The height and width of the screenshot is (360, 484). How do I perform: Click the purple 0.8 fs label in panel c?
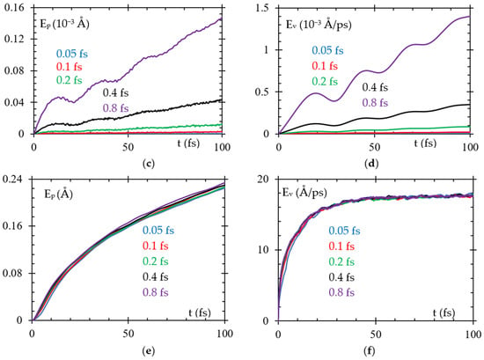pyautogui.click(x=116, y=108)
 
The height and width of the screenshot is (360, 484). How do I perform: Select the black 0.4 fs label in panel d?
pyautogui.click(x=375, y=87)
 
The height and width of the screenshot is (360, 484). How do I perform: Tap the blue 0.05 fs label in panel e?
pyautogui.click(x=158, y=231)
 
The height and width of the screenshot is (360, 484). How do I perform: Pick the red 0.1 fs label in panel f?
pyautogui.click(x=341, y=246)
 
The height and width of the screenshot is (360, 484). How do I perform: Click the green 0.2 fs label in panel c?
pyautogui.click(x=70, y=80)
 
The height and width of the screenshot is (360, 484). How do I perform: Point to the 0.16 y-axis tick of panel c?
pyautogui.click(x=14, y=7)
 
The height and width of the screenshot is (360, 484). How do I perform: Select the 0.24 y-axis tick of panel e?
pyautogui.click(x=13, y=180)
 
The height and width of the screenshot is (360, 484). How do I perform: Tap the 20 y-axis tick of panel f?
pyautogui.click(x=264, y=180)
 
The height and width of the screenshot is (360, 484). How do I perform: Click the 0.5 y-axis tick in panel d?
pyautogui.click(x=262, y=92)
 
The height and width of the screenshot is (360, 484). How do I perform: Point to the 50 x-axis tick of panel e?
pyautogui.click(x=128, y=334)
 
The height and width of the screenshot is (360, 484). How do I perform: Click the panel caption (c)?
pyautogui.click(x=149, y=164)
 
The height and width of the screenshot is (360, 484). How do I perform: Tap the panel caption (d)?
pyautogui.click(x=371, y=164)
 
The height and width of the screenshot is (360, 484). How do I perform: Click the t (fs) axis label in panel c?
pyautogui.click(x=188, y=143)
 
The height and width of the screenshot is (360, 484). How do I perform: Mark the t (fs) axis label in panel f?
pyautogui.click(x=444, y=312)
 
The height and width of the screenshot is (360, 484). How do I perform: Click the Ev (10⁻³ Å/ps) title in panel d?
pyautogui.click(x=319, y=24)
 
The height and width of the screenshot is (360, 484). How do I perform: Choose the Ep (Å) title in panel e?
pyautogui.click(x=58, y=194)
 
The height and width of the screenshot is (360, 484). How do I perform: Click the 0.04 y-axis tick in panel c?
pyautogui.click(x=14, y=102)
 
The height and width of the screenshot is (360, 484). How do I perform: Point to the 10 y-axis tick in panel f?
pyautogui.click(x=264, y=250)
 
